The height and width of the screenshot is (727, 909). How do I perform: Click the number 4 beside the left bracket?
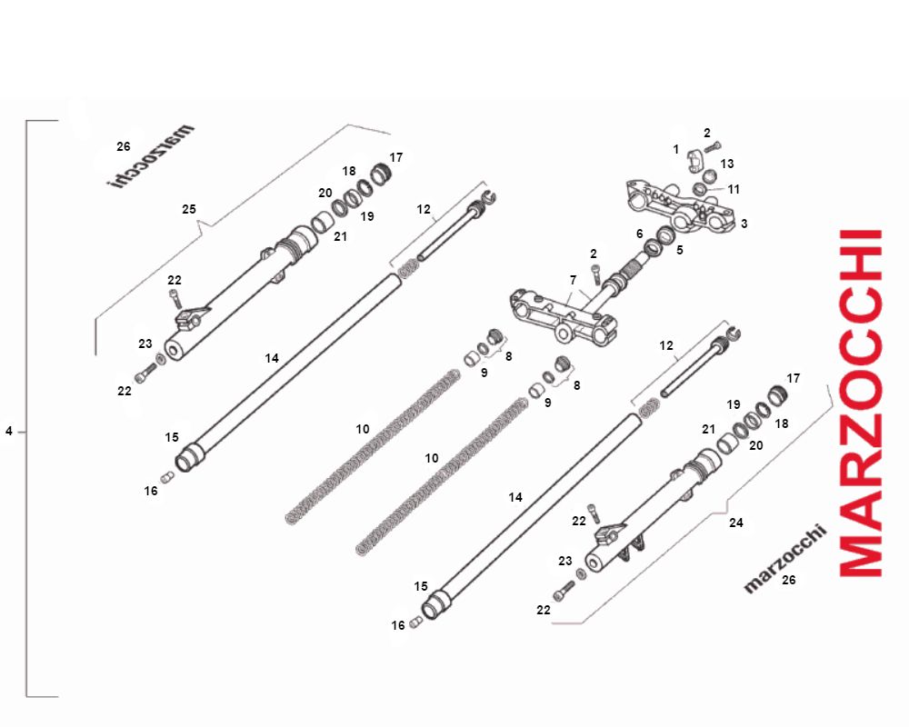click(9, 432)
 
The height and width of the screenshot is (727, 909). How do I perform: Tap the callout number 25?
click(189, 209)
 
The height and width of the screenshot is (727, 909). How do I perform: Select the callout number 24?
click(735, 523)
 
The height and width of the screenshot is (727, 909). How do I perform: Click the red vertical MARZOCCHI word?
click(861, 403)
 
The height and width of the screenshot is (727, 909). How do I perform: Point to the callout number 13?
click(727, 164)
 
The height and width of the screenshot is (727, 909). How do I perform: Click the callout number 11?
click(734, 189)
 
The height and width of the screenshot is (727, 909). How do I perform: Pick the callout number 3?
click(744, 224)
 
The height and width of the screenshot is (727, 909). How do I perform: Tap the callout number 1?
click(676, 149)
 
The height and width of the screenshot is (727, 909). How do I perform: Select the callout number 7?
click(573, 280)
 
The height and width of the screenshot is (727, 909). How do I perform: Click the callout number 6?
click(639, 233)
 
